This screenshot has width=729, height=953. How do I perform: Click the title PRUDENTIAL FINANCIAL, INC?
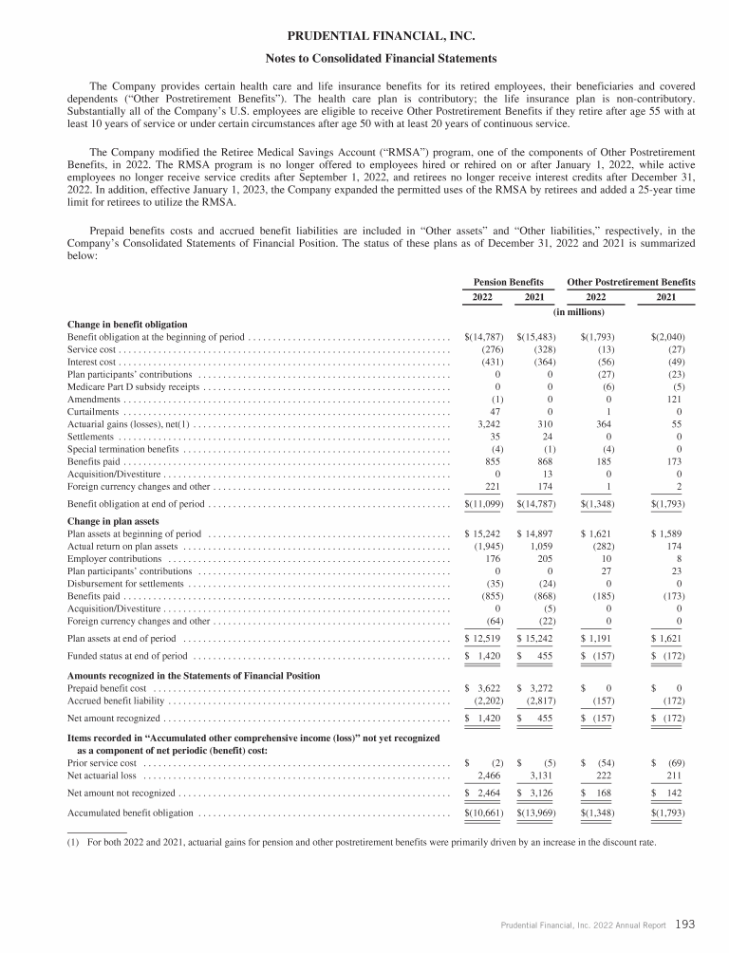click(x=364, y=38)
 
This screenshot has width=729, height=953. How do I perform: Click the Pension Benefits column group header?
click(x=508, y=282)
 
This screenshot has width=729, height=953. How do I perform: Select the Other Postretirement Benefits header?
click(x=630, y=282)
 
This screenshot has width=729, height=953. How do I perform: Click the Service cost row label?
click(x=91, y=349)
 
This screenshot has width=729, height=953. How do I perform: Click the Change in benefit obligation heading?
click(x=127, y=325)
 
